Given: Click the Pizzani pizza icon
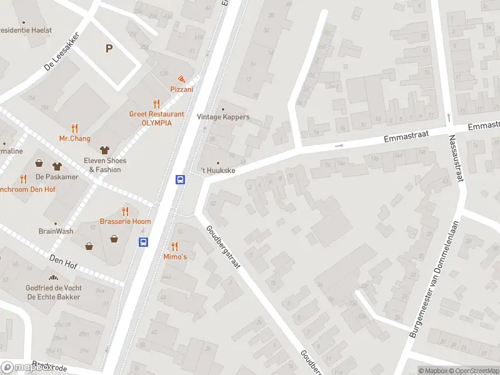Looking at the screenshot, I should [181, 79].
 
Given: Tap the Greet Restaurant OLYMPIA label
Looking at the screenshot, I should [156, 118].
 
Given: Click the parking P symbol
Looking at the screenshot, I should [109, 48].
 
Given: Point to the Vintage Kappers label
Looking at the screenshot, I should [223, 117].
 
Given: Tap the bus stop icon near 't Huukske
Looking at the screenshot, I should [180, 179].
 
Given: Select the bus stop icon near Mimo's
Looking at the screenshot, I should [143, 242].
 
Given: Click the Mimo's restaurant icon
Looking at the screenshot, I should [174, 246].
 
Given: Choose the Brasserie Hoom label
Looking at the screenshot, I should [125, 222].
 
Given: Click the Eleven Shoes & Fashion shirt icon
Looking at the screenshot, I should [104, 150].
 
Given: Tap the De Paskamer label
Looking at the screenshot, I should [61, 177].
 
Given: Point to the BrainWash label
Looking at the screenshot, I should [56, 231].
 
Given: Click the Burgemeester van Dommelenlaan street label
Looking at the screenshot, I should [435, 279].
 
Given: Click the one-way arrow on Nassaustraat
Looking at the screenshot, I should [449, 117].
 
